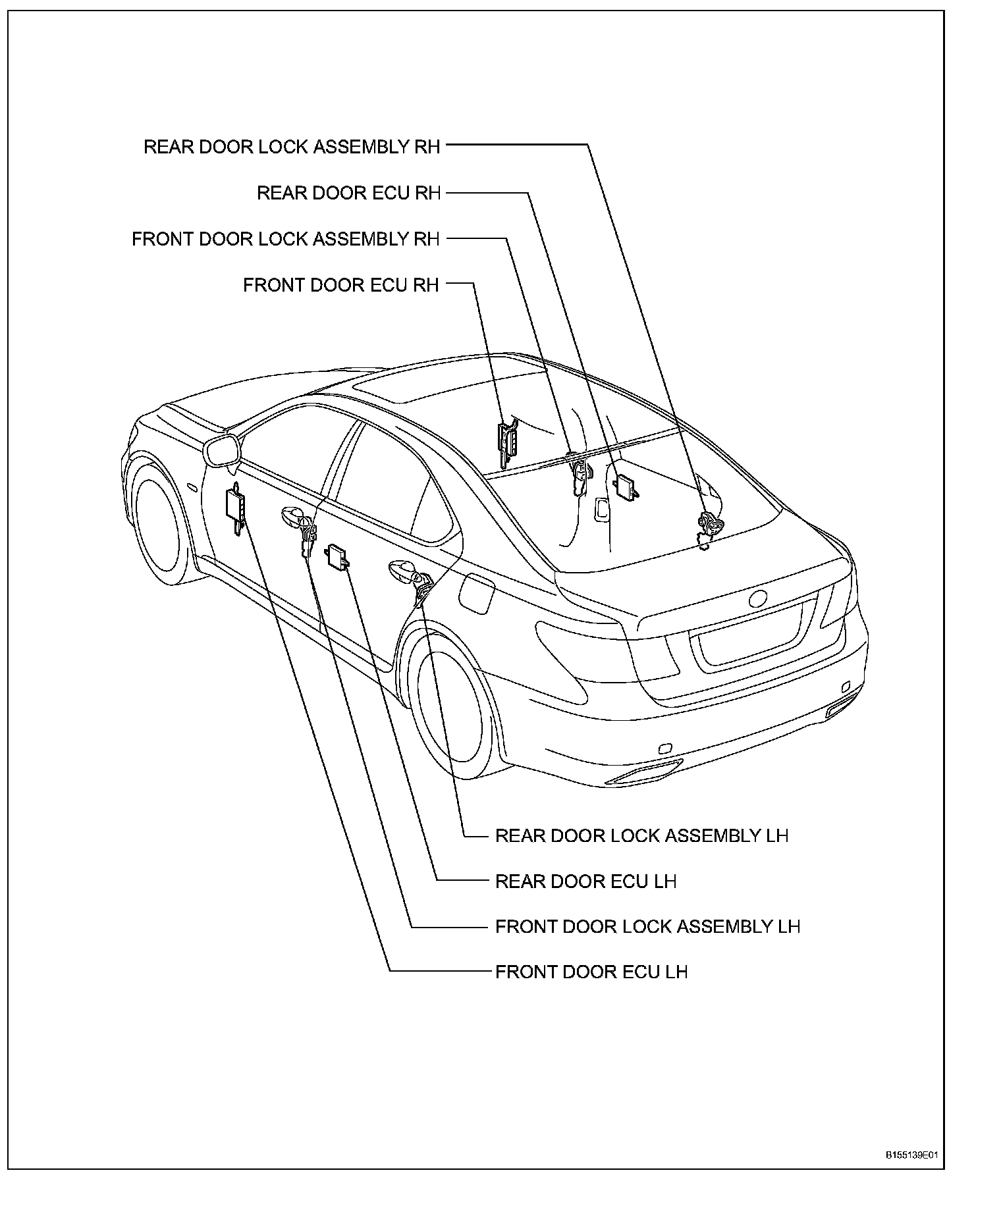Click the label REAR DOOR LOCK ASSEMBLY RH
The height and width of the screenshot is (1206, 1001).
pos(292,147)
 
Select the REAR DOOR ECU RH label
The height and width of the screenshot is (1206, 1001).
pos(348,193)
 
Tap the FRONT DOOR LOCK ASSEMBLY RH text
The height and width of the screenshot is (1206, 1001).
pos(285,239)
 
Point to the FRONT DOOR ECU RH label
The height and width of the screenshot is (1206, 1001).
pos(340,285)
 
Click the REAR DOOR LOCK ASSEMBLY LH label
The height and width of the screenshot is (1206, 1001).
pos(641,836)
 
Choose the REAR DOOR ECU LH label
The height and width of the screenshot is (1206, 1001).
pos(585,881)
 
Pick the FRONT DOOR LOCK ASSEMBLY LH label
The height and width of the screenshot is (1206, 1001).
pos(647,927)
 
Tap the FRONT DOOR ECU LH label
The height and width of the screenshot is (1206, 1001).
pos(591,972)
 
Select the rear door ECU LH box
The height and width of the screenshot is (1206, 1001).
pos(337,554)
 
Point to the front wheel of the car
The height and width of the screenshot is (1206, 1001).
pos(158,520)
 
